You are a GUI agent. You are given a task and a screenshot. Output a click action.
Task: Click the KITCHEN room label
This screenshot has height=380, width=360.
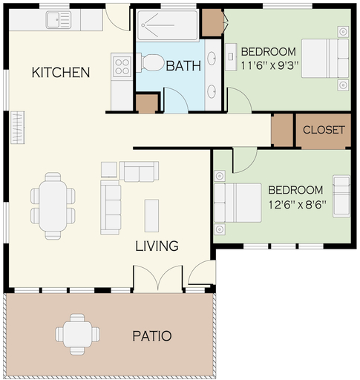pyautogui.click(x=61, y=72)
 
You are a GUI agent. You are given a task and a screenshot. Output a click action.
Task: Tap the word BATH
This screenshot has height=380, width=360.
pyautogui.click(x=183, y=66)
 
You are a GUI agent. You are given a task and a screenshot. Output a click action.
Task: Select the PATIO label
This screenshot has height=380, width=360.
pyautogui.click(x=152, y=336)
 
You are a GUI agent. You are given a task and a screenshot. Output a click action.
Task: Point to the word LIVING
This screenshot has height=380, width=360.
pyautogui.click(x=157, y=246)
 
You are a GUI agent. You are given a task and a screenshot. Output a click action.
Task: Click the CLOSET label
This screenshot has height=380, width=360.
pyautogui.click(x=324, y=130)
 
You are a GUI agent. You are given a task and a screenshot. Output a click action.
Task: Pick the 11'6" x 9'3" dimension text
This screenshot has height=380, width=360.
pyautogui.click(x=269, y=66)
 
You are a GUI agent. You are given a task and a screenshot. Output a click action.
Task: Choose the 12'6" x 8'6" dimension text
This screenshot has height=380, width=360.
pyautogui.click(x=297, y=205)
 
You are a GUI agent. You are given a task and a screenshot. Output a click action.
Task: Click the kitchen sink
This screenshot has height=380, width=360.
pyautogui.click(x=59, y=20)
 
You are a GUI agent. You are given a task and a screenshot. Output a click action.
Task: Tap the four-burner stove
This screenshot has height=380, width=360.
pyautogui.click(x=122, y=66)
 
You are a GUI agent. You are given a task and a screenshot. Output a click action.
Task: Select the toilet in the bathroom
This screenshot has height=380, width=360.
pyautogui.click(x=151, y=62)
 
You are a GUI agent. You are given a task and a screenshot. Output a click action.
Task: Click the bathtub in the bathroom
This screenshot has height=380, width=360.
pyautogui.click(x=167, y=25)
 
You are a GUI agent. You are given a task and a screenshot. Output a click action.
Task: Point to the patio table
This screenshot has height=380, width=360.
pyautogui.click(x=77, y=334)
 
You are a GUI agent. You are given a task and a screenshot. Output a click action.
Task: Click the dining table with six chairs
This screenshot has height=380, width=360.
pyautogui.click(x=53, y=206)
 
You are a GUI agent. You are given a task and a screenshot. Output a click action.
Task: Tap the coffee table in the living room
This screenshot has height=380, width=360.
pyautogui.click(x=151, y=215)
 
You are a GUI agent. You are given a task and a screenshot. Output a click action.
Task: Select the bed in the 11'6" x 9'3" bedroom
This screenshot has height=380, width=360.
pyautogui.click(x=325, y=59)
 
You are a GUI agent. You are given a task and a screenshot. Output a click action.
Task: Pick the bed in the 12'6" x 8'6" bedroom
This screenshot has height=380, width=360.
pyautogui.click(x=238, y=203)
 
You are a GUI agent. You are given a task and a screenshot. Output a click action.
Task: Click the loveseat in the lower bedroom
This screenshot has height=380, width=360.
pyautogui.click(x=341, y=196)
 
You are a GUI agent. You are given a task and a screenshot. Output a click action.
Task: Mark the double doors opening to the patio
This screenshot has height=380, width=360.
pyautogui.click(x=158, y=279)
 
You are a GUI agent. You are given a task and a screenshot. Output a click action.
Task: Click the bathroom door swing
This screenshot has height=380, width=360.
pyautogui.click(x=176, y=100)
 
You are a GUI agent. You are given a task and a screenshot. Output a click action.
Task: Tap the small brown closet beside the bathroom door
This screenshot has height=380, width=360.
pyautogui.click(x=147, y=103)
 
